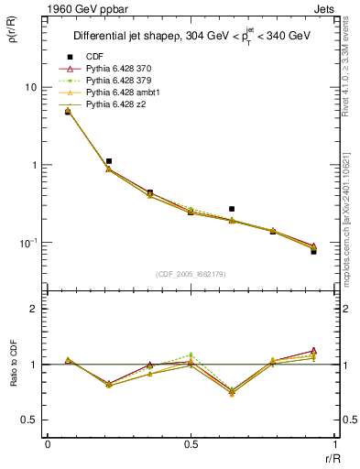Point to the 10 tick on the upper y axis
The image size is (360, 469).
point(30,87)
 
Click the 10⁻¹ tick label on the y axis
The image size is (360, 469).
point(28,243)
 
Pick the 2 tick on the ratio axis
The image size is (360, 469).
point(35,309)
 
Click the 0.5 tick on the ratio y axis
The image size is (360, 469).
point(30,420)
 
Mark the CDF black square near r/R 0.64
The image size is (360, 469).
point(232,209)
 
